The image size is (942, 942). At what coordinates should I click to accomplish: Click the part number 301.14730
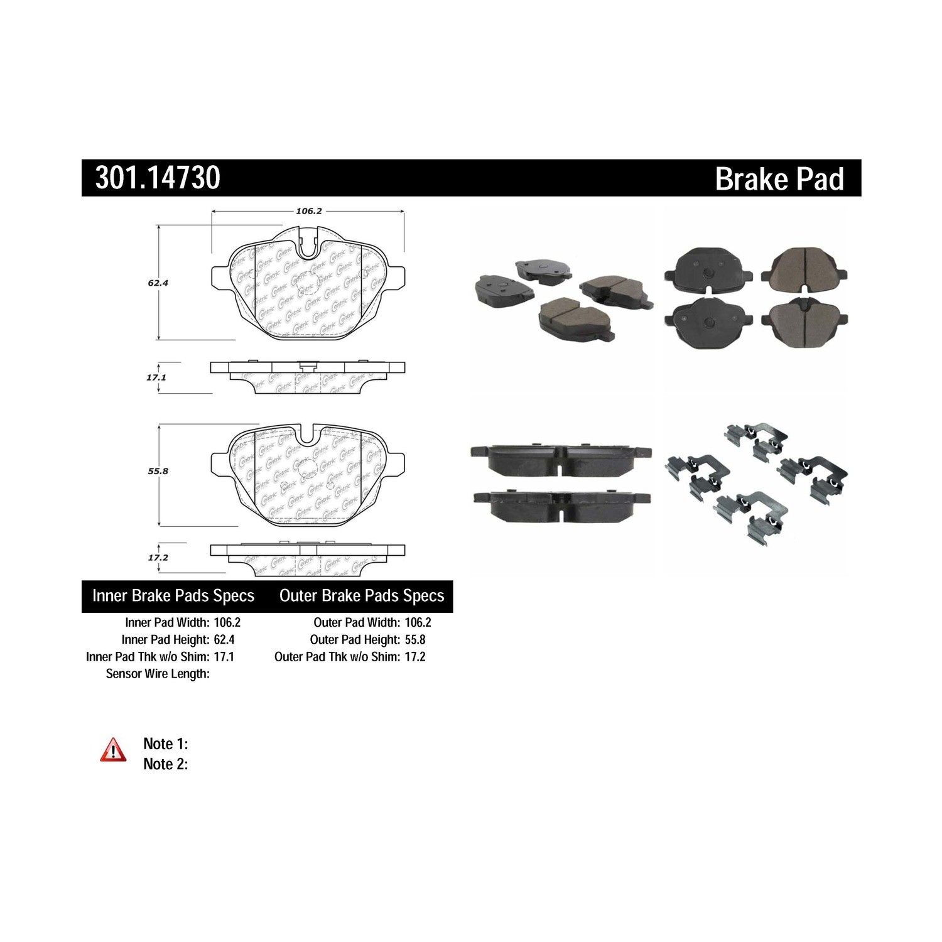[158, 178]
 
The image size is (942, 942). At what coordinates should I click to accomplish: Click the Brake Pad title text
[779, 179]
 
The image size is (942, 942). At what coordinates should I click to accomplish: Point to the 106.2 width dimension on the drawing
[308, 212]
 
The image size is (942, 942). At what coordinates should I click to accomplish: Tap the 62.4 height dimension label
[158, 283]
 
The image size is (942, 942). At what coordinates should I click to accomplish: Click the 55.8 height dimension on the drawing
[158, 470]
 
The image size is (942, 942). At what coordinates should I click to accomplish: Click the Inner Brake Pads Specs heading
[173, 596]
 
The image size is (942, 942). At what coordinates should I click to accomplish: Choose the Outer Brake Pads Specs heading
[362, 596]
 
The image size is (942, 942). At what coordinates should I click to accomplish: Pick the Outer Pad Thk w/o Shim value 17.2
[415, 657]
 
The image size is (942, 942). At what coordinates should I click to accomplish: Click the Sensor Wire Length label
[158, 674]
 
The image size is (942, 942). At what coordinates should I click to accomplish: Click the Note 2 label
[166, 764]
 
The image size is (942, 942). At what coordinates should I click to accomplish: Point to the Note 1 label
[166, 744]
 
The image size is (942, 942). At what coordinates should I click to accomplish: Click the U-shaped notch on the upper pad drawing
[307, 246]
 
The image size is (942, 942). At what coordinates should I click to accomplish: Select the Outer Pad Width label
[356, 623]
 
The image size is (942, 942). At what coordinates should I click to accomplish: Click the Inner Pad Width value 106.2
[227, 623]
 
